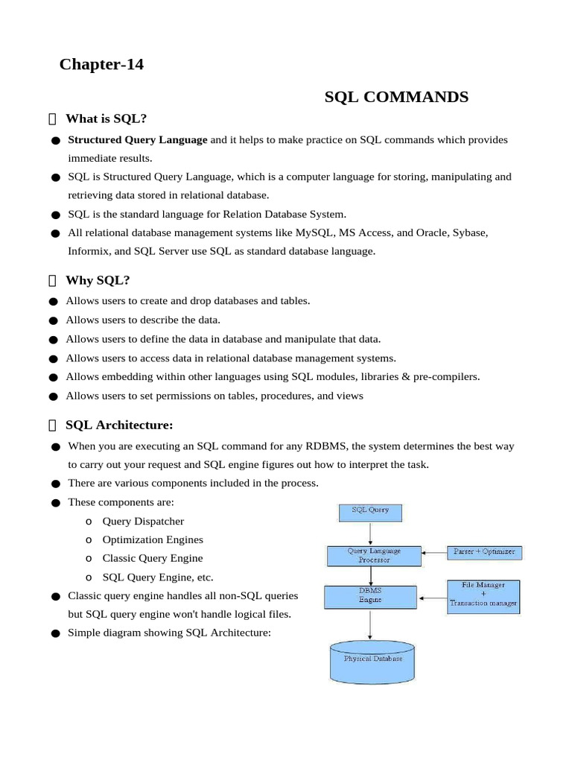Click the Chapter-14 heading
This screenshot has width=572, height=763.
point(101,65)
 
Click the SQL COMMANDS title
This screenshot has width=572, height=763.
point(396,97)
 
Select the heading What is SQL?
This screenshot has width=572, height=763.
point(106,118)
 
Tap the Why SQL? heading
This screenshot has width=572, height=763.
point(98,280)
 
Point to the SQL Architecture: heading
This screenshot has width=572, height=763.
point(119,425)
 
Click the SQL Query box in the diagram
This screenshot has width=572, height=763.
point(370,513)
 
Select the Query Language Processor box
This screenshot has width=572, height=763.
point(374,555)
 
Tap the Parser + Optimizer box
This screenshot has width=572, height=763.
point(484,552)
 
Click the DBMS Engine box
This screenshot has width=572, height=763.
point(370,595)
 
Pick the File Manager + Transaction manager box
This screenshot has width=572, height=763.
point(483,597)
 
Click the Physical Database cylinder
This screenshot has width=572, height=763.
point(372,662)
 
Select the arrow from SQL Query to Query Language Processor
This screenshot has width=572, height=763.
point(370,534)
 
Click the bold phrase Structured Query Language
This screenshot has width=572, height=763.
point(138,139)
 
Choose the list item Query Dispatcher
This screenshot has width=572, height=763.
point(143,521)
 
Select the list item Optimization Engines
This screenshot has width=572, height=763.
point(153,539)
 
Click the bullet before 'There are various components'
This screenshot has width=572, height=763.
point(56,484)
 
